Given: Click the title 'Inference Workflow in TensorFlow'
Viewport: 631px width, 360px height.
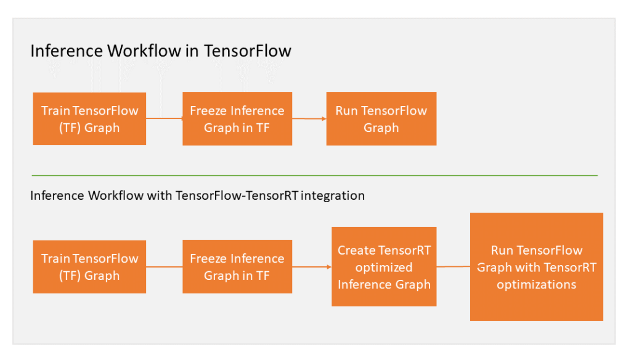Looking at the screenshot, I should [160, 51].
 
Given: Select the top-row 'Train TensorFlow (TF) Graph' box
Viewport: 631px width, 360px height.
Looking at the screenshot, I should [89, 119].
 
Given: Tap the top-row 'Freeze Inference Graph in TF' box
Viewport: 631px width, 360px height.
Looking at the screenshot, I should [237, 119].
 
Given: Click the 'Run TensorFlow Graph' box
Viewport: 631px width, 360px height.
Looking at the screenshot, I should [381, 119].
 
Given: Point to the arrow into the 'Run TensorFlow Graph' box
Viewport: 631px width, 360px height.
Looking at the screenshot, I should [309, 118].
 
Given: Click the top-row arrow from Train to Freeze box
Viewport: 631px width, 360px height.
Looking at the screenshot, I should [165, 118].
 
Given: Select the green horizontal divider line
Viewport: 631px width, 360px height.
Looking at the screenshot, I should [314, 176].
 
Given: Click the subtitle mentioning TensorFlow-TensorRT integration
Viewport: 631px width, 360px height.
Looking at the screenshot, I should [197, 196].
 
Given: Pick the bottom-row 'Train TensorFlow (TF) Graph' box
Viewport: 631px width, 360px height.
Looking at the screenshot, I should [89, 267].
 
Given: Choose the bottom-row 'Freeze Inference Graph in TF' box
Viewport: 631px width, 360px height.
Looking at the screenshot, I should [237, 267].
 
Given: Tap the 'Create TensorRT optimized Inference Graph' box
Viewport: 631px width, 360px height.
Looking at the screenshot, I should [383, 267].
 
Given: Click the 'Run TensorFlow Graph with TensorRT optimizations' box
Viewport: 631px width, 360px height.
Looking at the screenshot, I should [536, 267].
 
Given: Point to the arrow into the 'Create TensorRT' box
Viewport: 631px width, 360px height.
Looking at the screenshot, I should [312, 267].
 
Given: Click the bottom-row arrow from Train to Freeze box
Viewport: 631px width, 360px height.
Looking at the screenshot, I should [165, 267].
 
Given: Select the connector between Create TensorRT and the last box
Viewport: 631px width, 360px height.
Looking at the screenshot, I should [454, 266].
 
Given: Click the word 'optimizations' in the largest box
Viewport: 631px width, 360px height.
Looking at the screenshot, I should [536, 284].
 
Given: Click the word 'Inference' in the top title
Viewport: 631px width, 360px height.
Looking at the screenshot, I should [67, 51].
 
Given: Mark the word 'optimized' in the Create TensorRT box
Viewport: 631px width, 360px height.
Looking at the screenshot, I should [383, 268].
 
